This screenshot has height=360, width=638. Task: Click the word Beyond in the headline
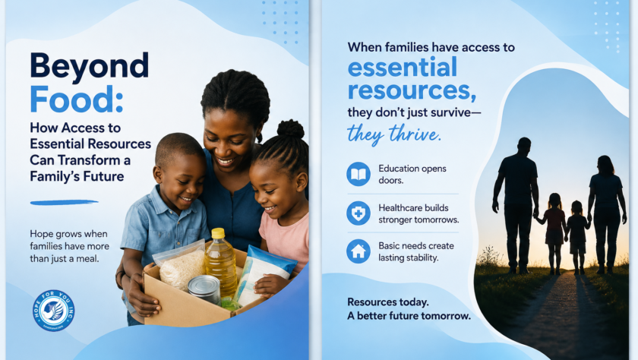[90, 67]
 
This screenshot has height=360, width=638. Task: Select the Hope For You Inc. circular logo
[54, 311]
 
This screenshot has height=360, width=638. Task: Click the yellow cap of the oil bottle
[218, 233]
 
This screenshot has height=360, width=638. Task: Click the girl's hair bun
[290, 129]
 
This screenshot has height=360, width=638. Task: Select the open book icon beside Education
[358, 174]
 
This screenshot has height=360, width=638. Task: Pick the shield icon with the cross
[358, 213]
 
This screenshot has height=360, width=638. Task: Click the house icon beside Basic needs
[358, 251]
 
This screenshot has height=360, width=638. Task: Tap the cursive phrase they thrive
[394, 134]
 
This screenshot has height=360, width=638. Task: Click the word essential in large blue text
[403, 67]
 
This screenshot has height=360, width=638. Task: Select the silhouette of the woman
[607, 214]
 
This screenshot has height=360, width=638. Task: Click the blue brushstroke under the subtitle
[65, 202]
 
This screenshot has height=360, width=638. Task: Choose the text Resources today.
[388, 302]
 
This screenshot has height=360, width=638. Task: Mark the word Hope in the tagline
[41, 234]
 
